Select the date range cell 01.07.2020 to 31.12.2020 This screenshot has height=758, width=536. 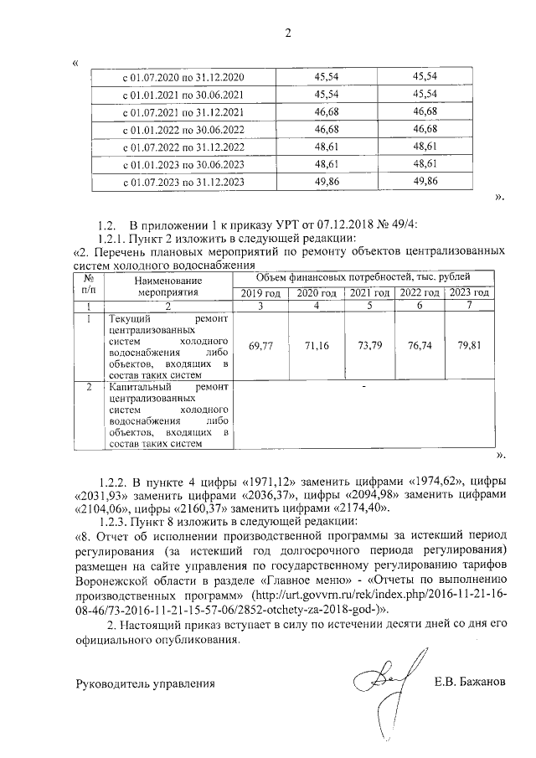183,76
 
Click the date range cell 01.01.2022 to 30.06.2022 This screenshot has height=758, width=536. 183,129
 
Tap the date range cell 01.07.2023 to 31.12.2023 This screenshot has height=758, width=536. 183,182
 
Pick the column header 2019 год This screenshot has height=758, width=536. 260,292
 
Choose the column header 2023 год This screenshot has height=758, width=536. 468,292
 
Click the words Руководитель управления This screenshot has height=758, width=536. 140,683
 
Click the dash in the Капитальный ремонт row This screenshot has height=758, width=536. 364,387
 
